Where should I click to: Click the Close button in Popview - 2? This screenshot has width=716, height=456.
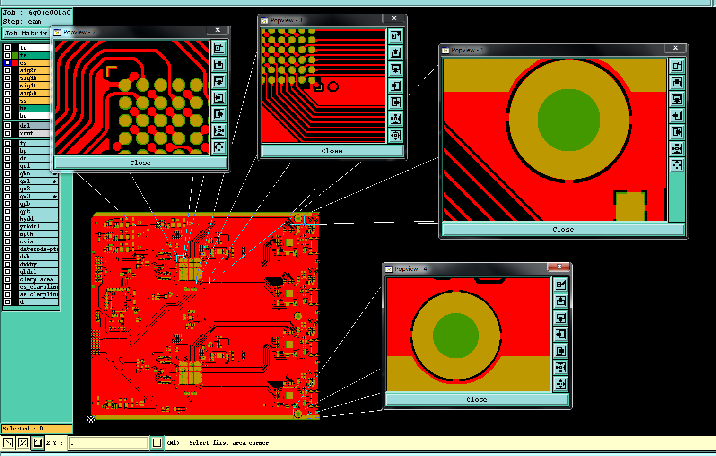click(x=140, y=163)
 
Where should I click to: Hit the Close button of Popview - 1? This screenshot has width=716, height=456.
click(x=563, y=229)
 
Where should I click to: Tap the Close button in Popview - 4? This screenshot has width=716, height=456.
click(x=477, y=399)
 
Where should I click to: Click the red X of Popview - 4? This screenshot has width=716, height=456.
click(x=559, y=267)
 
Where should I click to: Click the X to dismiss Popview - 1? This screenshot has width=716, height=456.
click(x=675, y=48)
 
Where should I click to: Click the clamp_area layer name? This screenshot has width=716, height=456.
click(x=37, y=279)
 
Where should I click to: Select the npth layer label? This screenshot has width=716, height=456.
click(x=26, y=234)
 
